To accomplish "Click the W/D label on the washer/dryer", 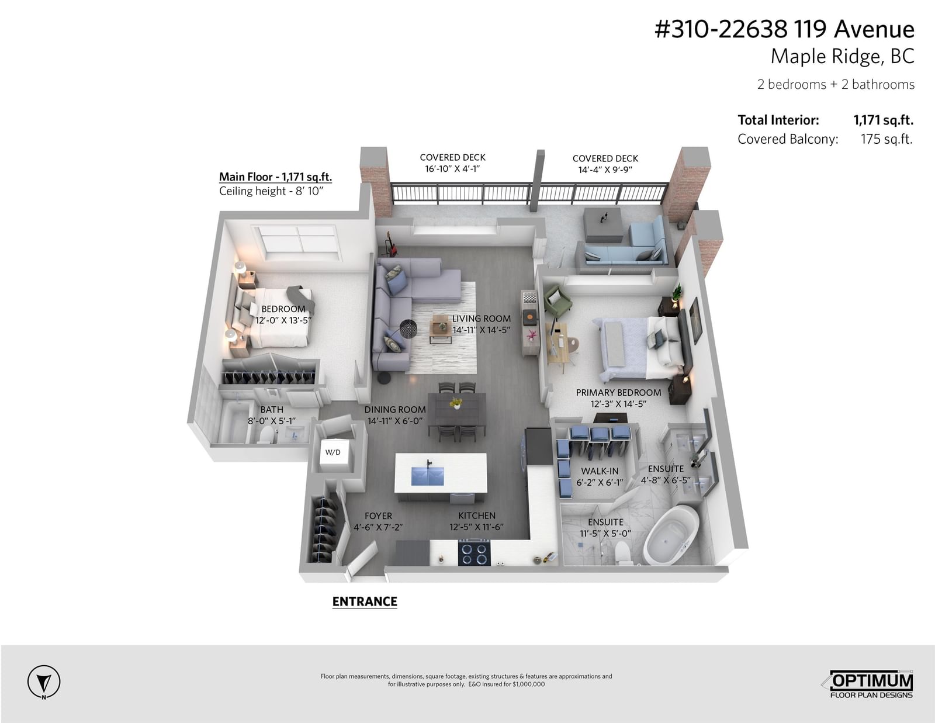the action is (x=333, y=452).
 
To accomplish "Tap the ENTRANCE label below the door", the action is (x=365, y=601).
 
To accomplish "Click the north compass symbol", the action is (x=43, y=682).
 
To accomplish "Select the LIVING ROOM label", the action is (x=481, y=319).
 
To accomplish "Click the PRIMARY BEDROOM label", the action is (x=618, y=393).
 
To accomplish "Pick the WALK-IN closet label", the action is (x=600, y=471).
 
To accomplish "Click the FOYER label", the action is (x=378, y=516).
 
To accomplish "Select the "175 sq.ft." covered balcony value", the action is (x=886, y=140).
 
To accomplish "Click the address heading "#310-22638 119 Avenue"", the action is (x=784, y=29).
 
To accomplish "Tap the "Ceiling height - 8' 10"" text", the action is (x=271, y=191).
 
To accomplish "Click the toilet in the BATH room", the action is (x=267, y=435).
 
